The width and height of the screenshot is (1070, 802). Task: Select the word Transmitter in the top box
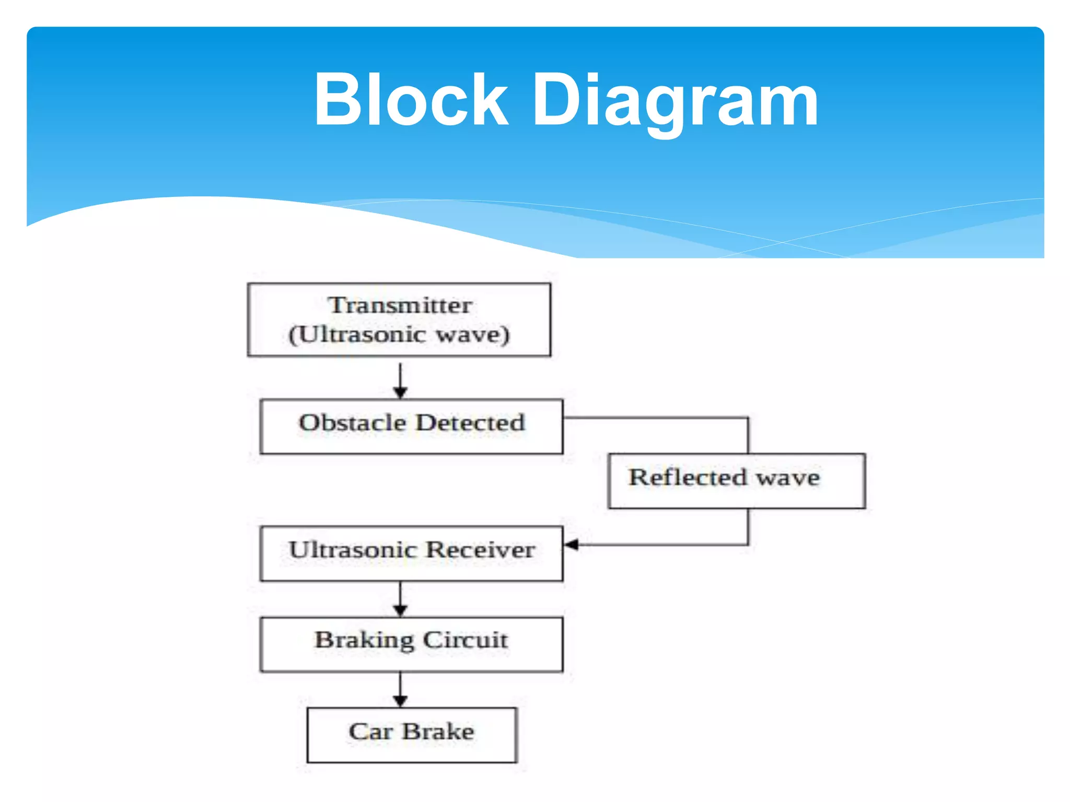pyautogui.click(x=400, y=305)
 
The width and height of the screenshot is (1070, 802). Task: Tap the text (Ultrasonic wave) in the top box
pyautogui.click(x=399, y=335)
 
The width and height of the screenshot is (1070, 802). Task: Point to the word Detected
pyautogui.click(x=470, y=423)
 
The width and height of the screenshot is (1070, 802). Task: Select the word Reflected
pyautogui.click(x=688, y=477)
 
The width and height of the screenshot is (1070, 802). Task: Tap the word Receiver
pyautogui.click(x=480, y=550)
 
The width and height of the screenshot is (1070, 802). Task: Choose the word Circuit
pyautogui.click(x=465, y=640)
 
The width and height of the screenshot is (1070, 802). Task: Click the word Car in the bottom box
pyautogui.click(x=370, y=732)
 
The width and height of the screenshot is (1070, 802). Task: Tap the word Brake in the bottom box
pyautogui.click(x=438, y=732)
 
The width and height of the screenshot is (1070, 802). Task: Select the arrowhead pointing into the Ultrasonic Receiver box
pyautogui.click(x=572, y=545)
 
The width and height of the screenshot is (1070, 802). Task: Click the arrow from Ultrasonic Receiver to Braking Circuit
pyautogui.click(x=400, y=599)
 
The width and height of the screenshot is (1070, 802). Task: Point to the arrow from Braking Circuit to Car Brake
pyautogui.click(x=400, y=690)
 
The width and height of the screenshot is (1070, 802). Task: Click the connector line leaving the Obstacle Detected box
pyautogui.click(x=653, y=418)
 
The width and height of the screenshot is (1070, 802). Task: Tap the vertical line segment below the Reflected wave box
pyautogui.click(x=748, y=526)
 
